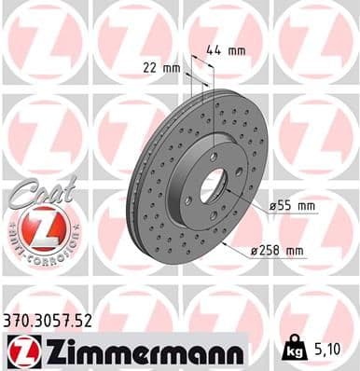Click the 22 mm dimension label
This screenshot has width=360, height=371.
(x=161, y=67)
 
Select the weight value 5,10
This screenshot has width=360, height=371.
(x=326, y=350)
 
